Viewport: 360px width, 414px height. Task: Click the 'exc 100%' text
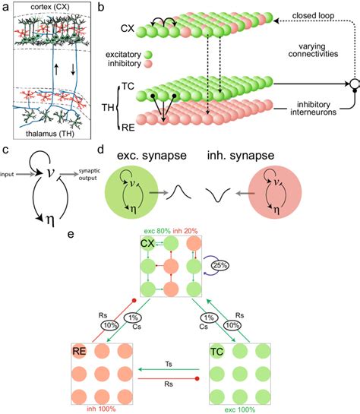tap(240, 407)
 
